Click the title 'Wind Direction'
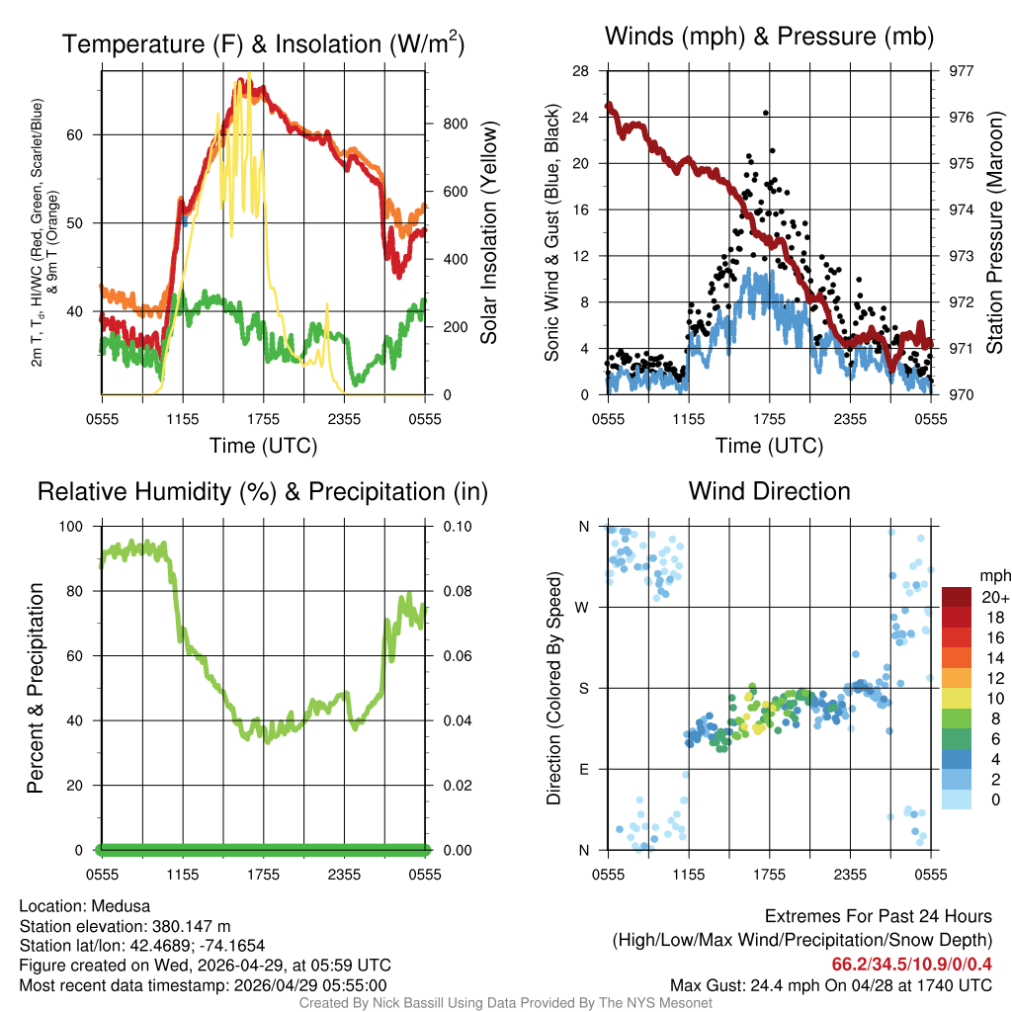tap(769, 491)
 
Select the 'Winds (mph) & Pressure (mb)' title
tap(769, 38)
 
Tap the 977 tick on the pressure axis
tap(961, 71)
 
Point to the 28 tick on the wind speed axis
tap(581, 71)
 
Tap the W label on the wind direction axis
tap(583, 608)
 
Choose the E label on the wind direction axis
tap(583, 769)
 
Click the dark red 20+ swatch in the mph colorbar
tap(957, 597)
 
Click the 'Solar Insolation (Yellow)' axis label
tap(489, 232)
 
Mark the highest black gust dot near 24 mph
tap(766, 112)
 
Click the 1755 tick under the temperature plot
tap(264, 419)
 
